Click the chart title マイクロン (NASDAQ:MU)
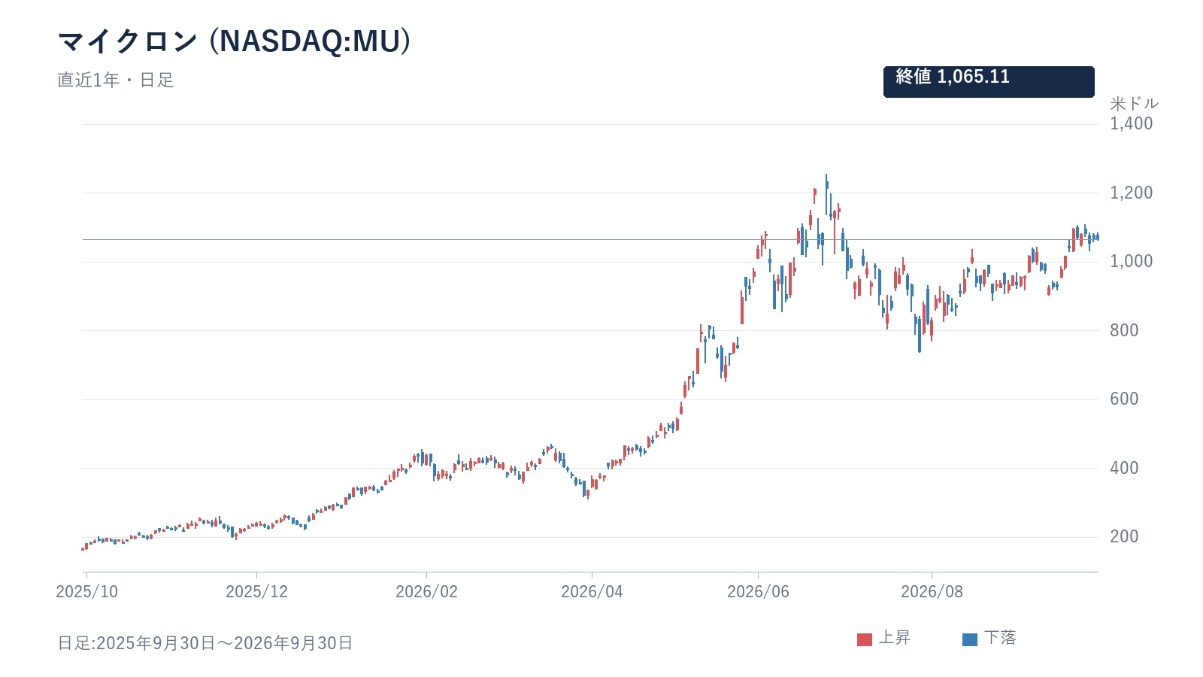[234, 41]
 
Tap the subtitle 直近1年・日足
[116, 80]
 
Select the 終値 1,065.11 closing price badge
[989, 82]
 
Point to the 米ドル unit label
[1135, 103]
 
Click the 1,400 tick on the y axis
[1131, 123]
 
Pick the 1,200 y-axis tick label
[1131, 193]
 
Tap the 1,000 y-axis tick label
[1131, 261]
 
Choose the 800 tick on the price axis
[1124, 330]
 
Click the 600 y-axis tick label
[1124, 399]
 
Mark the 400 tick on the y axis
[1124, 468]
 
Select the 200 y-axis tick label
[1124, 536]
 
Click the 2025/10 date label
[86, 591]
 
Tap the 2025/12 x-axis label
[256, 591]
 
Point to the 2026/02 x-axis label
[426, 591]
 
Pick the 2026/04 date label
[592, 591]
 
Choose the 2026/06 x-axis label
[758, 591]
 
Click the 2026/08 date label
[932, 591]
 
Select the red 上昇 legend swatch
[865, 639]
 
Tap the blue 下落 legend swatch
[970, 639]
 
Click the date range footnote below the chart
[205, 642]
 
